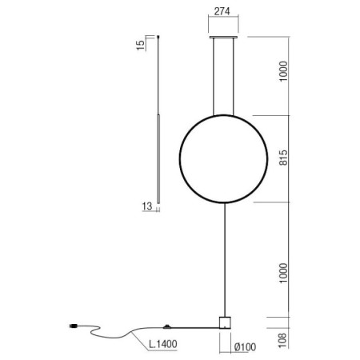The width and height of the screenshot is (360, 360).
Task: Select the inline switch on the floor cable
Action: coord(167,326)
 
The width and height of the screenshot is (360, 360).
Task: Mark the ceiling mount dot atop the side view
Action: coord(158,35)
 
